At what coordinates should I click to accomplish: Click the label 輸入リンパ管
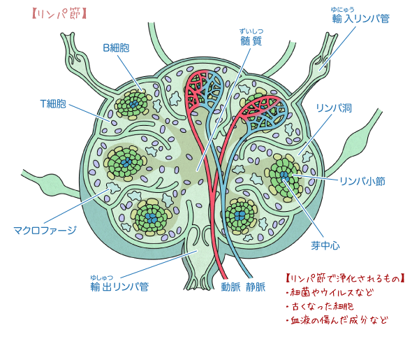pyautogui.click(x=360, y=20)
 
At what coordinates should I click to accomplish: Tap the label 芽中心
pyautogui.click(x=325, y=246)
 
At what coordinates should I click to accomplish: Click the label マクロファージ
pyautogui.click(x=45, y=229)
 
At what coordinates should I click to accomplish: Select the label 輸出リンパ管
pyautogui.click(x=119, y=287)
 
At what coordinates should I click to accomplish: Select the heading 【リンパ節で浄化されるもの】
pyautogui.click(x=345, y=278)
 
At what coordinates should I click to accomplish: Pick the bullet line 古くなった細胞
pyautogui.click(x=321, y=307)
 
